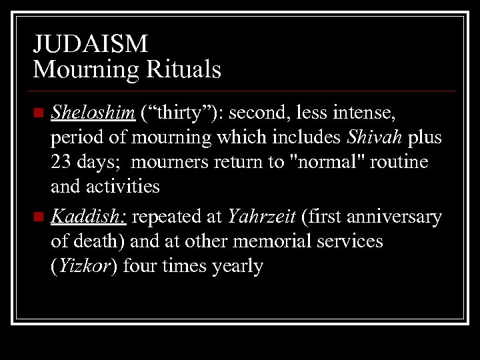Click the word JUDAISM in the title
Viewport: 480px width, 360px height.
(91, 45)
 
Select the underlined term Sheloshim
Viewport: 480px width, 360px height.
(93, 113)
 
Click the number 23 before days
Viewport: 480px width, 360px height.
(62, 162)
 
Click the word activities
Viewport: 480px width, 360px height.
(123, 186)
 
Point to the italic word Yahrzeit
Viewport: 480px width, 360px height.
(261, 217)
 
